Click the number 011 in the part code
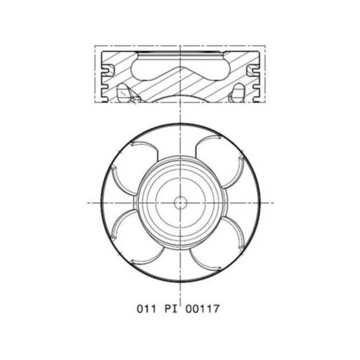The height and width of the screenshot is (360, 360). pyautogui.click(x=146, y=308)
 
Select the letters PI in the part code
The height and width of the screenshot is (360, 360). pyautogui.click(x=171, y=308)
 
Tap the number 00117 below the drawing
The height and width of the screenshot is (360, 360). pyautogui.click(x=202, y=308)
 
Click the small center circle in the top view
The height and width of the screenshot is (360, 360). pyautogui.click(x=180, y=203)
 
